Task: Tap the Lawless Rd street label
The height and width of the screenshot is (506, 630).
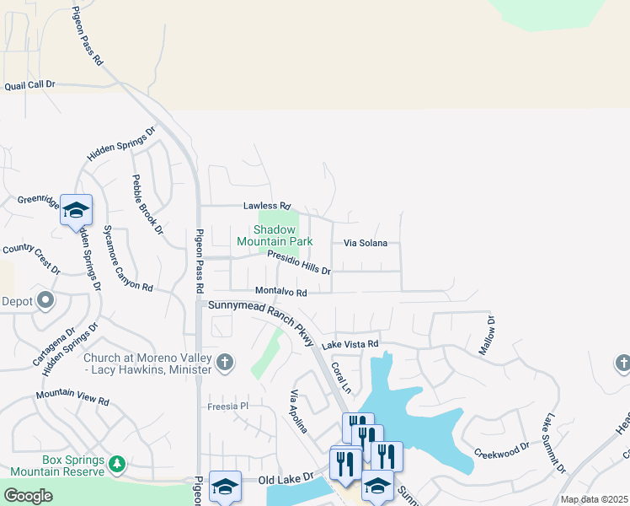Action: click(x=266, y=206)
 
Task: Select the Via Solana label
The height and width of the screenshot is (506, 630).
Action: click(x=366, y=243)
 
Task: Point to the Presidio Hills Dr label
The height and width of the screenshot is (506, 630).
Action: click(x=299, y=262)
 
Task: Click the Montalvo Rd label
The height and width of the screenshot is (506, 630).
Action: click(x=280, y=292)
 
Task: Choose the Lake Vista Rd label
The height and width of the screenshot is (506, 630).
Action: click(x=350, y=344)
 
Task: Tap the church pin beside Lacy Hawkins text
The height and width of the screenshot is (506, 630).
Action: click(x=224, y=363)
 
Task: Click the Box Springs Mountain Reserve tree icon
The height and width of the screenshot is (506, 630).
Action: click(x=117, y=463)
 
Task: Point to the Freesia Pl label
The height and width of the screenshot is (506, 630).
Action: click(x=229, y=406)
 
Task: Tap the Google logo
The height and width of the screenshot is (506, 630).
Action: click(x=28, y=496)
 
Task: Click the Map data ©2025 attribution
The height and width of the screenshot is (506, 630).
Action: click(x=594, y=499)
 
